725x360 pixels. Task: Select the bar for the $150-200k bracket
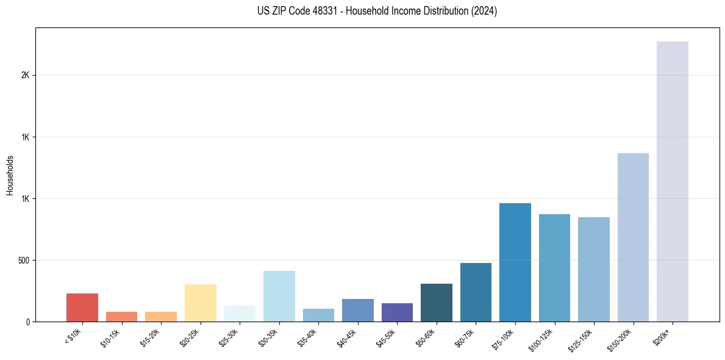pyautogui.click(x=633, y=237)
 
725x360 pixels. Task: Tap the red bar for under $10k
pyautogui.click(x=82, y=308)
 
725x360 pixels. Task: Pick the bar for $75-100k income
pyautogui.click(x=515, y=262)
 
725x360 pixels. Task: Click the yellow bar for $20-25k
pyautogui.click(x=200, y=303)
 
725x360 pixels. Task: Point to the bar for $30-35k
pyautogui.click(x=279, y=296)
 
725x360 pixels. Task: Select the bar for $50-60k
pyautogui.click(x=436, y=303)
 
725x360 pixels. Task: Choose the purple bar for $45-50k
pyautogui.click(x=397, y=312)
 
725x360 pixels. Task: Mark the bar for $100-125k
pyautogui.click(x=554, y=268)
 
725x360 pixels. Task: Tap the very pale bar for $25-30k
pyautogui.click(x=240, y=314)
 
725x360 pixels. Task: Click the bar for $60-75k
pyautogui.click(x=476, y=292)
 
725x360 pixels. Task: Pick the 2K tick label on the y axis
pyautogui.click(x=25, y=76)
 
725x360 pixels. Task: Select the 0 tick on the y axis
pyautogui.click(x=28, y=322)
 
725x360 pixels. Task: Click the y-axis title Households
pyautogui.click(x=10, y=175)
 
